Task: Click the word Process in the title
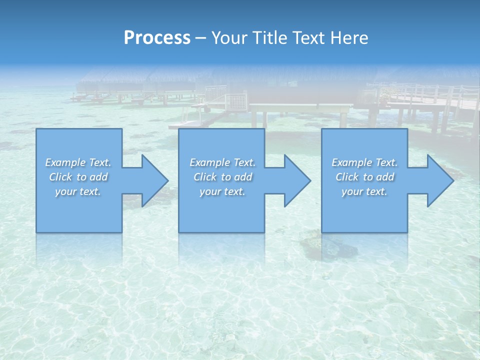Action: (157, 38)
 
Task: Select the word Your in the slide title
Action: (229, 38)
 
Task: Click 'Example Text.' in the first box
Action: (78, 162)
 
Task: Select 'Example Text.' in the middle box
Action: (222, 162)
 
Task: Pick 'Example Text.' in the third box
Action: (364, 162)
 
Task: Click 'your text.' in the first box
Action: (78, 191)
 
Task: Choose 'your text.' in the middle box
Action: (222, 191)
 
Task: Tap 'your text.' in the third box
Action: (364, 191)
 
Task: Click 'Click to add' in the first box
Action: (78, 177)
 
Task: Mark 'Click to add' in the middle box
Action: (222, 177)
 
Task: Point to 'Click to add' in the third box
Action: (364, 177)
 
